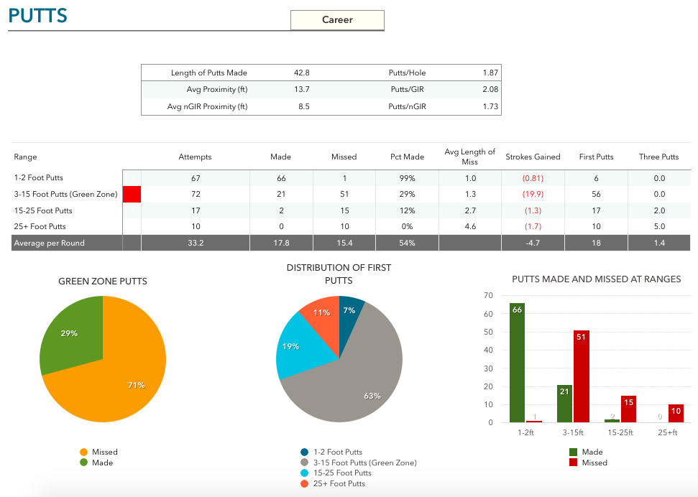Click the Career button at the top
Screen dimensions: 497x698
tap(337, 20)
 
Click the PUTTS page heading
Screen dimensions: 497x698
tap(37, 16)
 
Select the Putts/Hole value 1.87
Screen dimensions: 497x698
tap(490, 73)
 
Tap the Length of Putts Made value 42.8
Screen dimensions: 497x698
tap(301, 73)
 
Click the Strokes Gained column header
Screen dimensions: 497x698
tap(533, 157)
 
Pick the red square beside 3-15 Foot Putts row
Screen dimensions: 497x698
tap(132, 194)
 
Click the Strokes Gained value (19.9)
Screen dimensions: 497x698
tap(533, 194)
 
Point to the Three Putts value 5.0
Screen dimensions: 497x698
tap(658, 227)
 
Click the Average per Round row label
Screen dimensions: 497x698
tap(48, 243)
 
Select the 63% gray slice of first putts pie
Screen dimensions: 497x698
tap(359, 381)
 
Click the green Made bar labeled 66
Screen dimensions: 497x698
tap(517, 363)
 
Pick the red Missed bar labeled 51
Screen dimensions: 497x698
tap(582, 376)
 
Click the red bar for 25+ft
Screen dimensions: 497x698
tap(676, 414)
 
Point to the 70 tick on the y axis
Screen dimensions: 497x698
tap(488, 295)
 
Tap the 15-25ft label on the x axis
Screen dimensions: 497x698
tap(620, 434)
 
